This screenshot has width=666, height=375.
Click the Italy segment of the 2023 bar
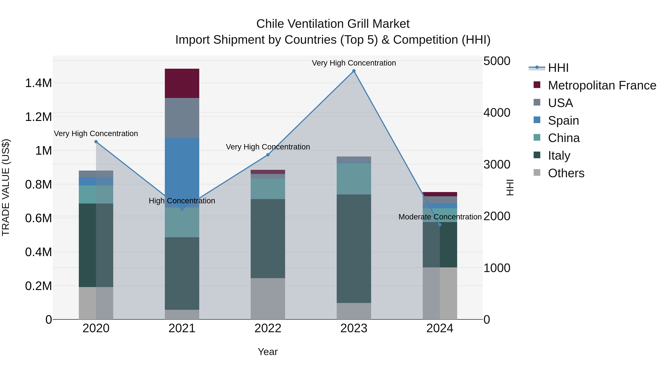[x=354, y=249]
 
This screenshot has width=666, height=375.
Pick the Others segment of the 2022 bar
[x=268, y=299]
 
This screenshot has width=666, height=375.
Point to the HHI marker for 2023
[x=354, y=71]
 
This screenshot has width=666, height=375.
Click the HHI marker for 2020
[x=96, y=141]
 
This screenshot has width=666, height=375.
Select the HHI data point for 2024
[x=440, y=225]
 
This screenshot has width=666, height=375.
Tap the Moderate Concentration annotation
[x=440, y=217]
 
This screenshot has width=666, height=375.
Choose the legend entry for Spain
[x=563, y=121]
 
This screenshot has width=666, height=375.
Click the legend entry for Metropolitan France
[x=602, y=85]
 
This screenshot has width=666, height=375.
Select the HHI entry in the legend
[x=558, y=68]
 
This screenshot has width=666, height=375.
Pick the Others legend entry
[x=566, y=173]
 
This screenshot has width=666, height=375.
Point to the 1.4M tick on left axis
[x=38, y=83]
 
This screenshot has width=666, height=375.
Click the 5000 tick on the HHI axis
[x=497, y=61]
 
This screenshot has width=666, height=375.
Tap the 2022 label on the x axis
[x=268, y=328]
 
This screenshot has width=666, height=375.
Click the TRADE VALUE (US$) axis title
[x=6, y=187]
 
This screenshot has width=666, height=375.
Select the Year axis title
[x=268, y=352]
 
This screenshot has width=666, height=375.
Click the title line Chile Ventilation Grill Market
[x=333, y=24]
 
